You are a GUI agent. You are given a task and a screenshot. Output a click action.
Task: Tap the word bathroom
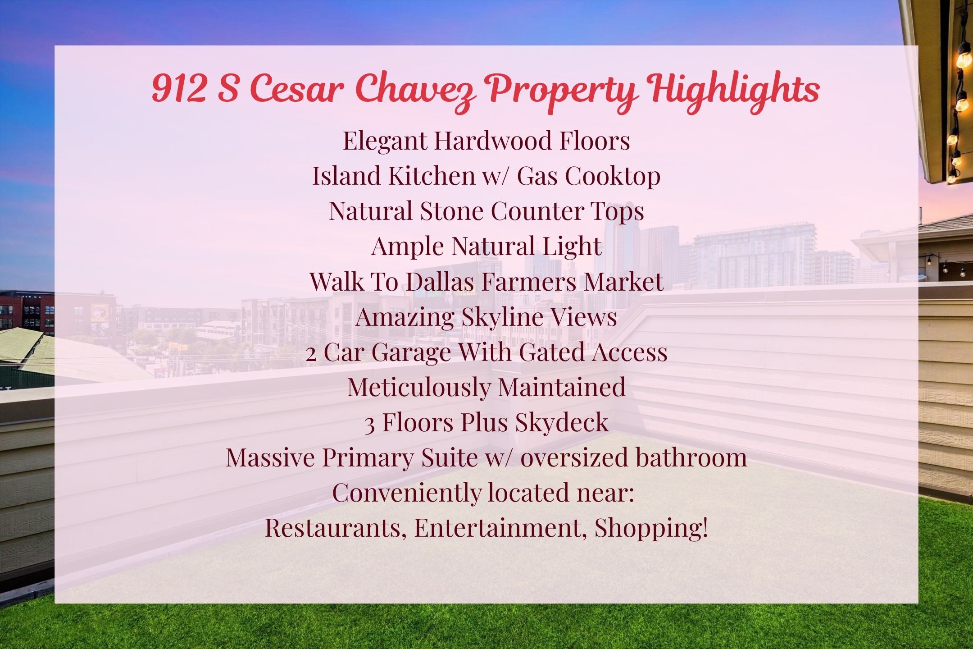[691, 457]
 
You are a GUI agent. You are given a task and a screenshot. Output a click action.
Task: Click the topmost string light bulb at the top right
[964, 56]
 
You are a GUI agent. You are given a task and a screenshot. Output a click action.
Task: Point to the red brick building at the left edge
[27, 311]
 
